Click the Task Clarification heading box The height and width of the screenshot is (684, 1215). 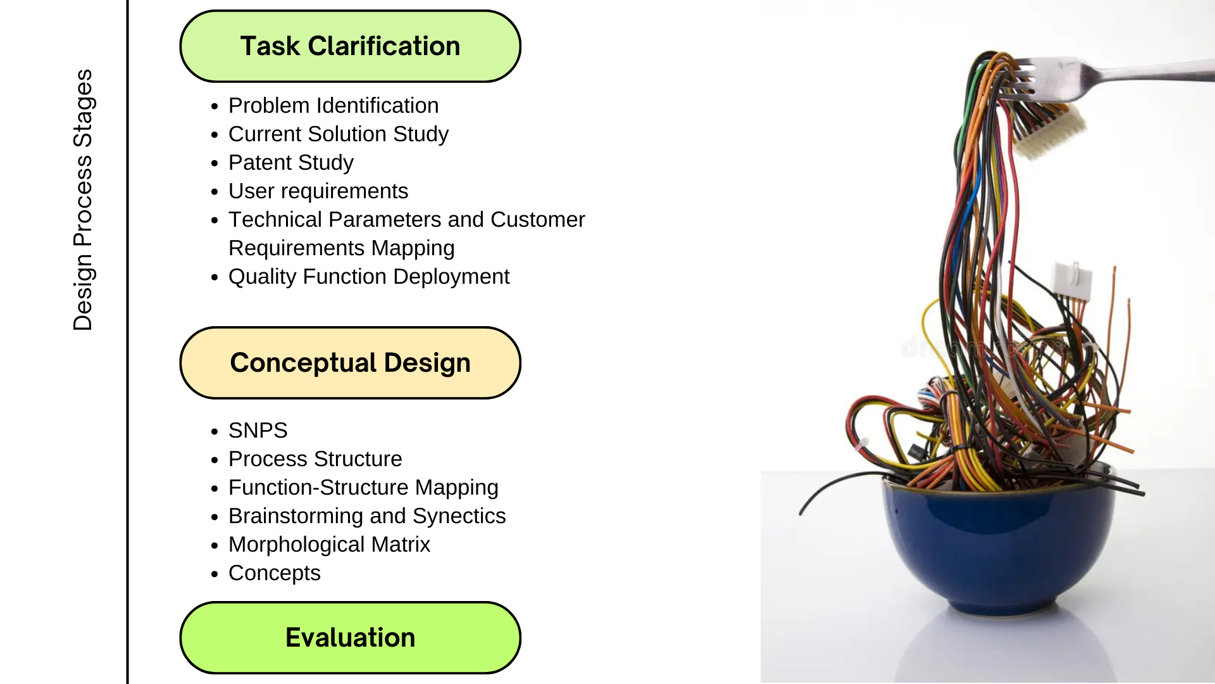tap(350, 46)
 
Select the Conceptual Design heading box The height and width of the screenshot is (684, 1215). tap(350, 363)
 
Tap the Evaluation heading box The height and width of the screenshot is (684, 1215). tap(350, 637)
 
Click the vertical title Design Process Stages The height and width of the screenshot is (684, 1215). tap(83, 199)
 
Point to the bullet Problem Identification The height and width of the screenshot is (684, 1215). tap(333, 105)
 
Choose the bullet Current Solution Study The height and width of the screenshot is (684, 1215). tap(339, 134)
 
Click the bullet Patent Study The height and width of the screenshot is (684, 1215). tap(291, 162)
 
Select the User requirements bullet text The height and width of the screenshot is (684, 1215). tap(318, 191)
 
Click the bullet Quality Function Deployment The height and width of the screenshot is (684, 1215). tap(369, 276)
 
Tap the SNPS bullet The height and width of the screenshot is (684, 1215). tap(258, 430)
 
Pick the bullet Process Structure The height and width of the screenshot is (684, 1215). tap(315, 459)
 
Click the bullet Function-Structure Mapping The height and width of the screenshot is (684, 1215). tap(363, 487)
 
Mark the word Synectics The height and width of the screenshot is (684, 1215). tap(459, 516)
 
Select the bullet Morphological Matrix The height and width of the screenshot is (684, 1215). tap(329, 544)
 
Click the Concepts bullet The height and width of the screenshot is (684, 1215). tap(275, 573)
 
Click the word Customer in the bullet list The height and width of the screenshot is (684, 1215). tap(538, 219)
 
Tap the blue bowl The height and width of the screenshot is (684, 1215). tap(1000, 545)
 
